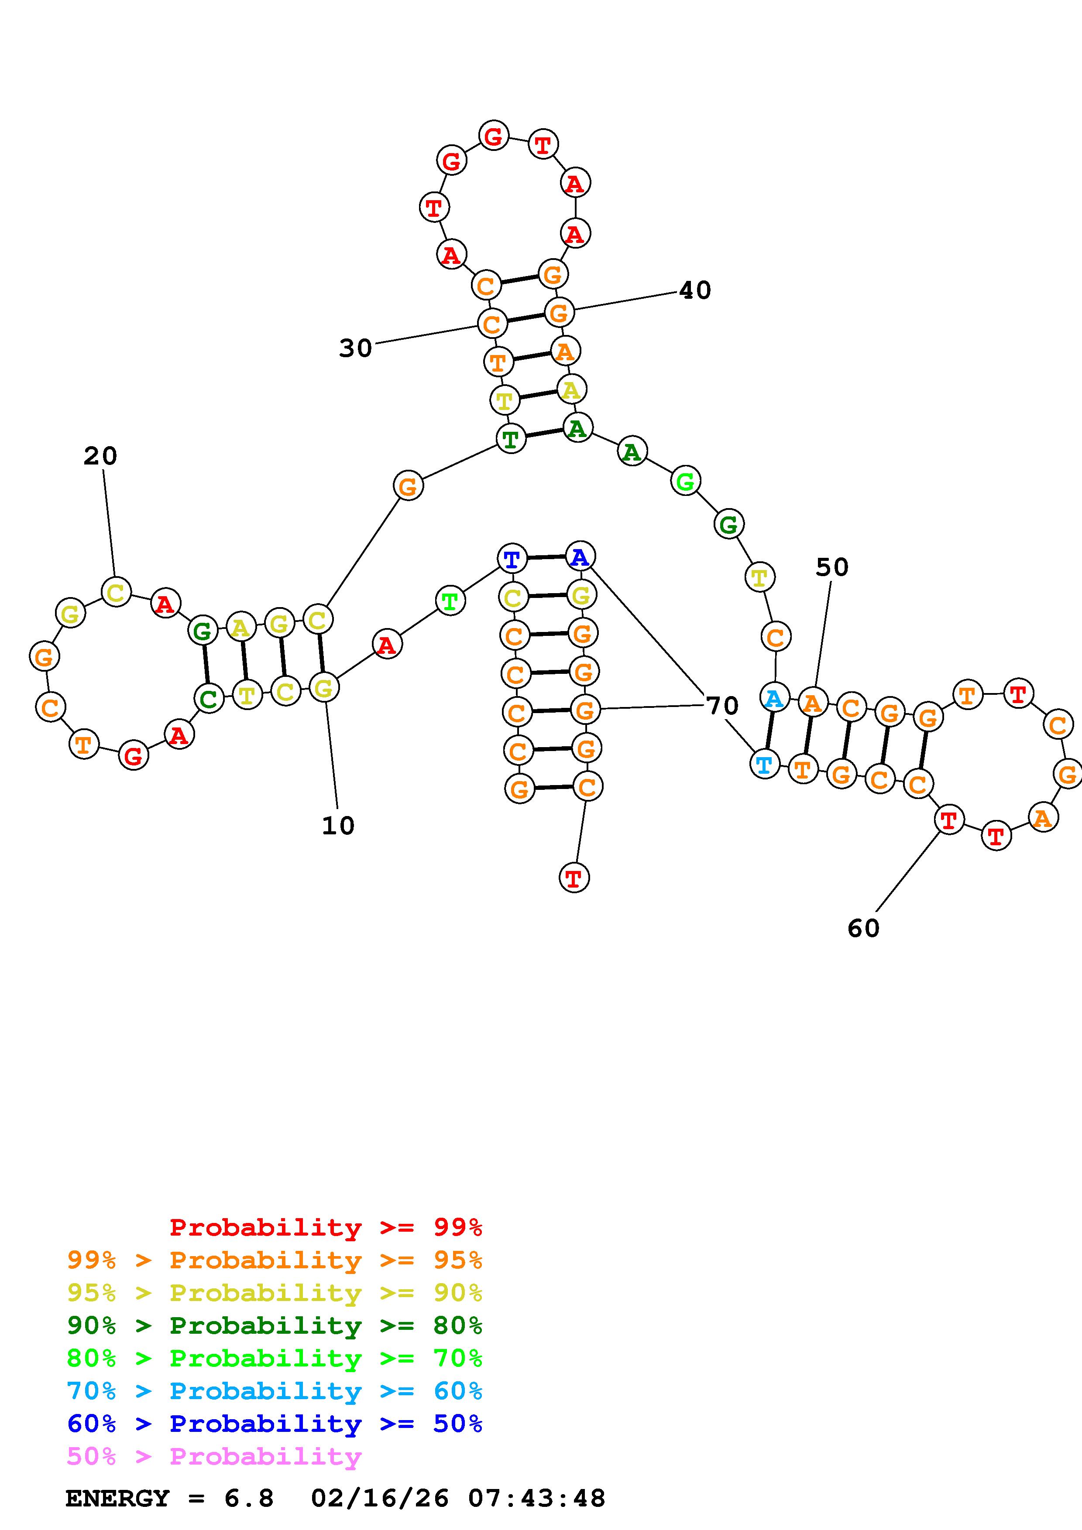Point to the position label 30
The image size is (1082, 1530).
point(355,348)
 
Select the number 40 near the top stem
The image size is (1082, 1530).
point(695,290)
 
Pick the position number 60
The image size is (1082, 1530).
point(863,928)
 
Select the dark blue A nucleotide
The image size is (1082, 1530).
point(580,557)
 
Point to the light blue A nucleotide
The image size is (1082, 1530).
point(774,698)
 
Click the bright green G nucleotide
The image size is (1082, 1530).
point(685,481)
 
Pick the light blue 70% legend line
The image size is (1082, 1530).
point(275,1391)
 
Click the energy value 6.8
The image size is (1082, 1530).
point(249,1499)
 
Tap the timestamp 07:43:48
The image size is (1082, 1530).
point(537,1499)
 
